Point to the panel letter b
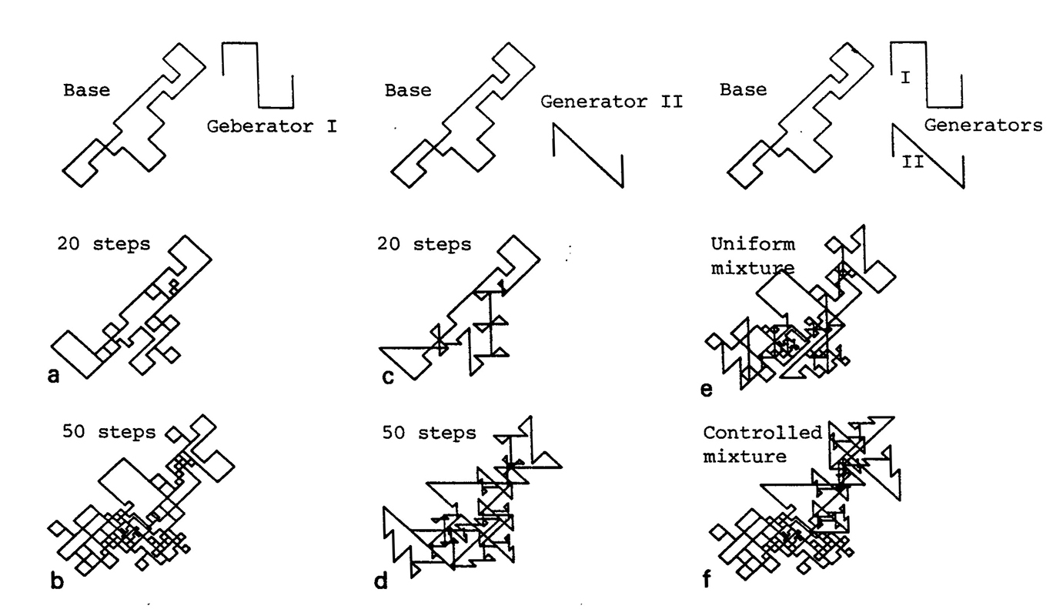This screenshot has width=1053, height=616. (56, 581)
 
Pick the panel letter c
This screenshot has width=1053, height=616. (388, 376)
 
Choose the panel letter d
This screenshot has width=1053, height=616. (380, 581)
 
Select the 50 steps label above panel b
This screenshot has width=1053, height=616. (108, 432)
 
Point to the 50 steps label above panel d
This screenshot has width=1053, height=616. (429, 433)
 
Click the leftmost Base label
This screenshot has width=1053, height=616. (86, 90)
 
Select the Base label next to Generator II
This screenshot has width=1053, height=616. (408, 90)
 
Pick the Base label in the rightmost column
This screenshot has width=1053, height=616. (744, 90)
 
